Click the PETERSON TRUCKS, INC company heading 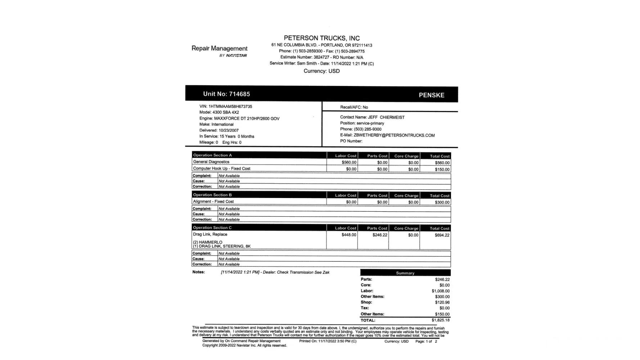pos(321,38)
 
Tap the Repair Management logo pos(219,51)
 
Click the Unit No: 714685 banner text pos(226,94)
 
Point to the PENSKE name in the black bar pos(431,95)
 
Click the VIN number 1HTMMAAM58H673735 pos(230,107)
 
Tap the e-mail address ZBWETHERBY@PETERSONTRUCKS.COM pos(394,135)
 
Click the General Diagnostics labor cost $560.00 pos(349,163)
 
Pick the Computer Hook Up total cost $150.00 pos(442,169)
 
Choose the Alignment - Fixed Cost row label pos(213,202)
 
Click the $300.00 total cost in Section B pos(442,202)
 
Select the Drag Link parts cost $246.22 pos(380,235)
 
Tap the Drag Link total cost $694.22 pos(442,235)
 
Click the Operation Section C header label pos(212,228)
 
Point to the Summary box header pos(405,273)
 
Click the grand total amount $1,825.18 pos(440,320)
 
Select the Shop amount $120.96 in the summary pos(442,302)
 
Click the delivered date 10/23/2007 pos(229,130)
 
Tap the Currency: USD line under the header pos(321,71)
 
